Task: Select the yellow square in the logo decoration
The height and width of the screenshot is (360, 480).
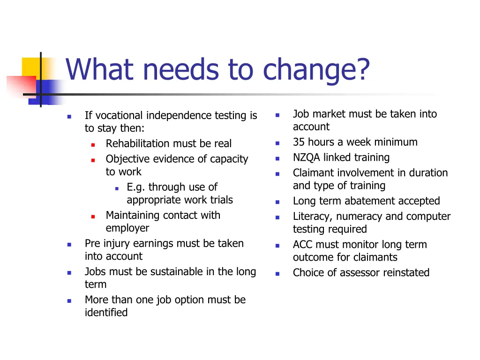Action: (31, 67)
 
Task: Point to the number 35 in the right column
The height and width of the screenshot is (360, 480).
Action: (299, 142)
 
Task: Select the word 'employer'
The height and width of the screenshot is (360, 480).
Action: (127, 228)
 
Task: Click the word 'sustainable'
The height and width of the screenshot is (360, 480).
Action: (180, 272)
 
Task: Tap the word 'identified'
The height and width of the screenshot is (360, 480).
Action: (106, 313)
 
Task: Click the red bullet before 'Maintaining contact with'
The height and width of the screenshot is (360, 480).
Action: (93, 216)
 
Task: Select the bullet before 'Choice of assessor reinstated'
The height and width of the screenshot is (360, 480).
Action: (277, 273)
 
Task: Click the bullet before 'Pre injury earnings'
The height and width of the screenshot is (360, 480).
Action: (69, 244)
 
